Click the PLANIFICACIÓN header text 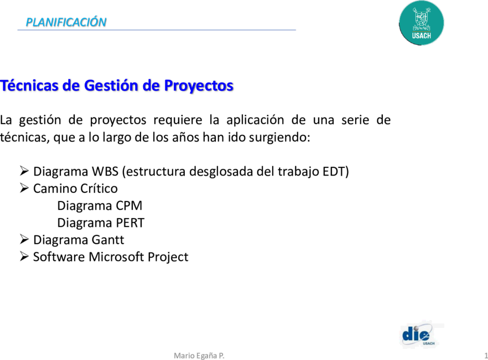pos(66,22)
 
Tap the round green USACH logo pos(422,23)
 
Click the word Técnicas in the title pos(29,85)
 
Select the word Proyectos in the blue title pos(199,86)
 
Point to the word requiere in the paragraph pos(178,120)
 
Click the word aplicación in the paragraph pos(255,120)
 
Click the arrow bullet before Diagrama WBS pos(24,171)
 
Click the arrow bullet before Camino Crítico pos(24,188)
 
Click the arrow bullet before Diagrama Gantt pos(24,239)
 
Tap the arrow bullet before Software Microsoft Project pos(24,256)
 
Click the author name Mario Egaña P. pos(199,356)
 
